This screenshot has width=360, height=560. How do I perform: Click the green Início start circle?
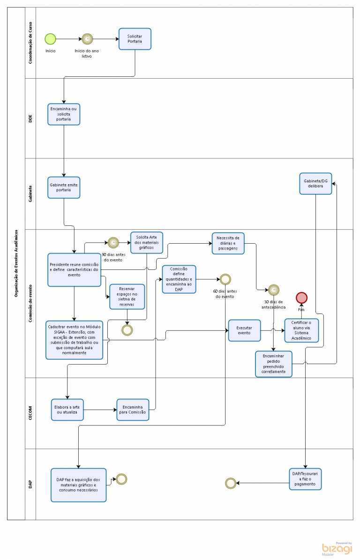[x=50, y=39]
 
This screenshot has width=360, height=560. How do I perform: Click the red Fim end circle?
[x=301, y=298]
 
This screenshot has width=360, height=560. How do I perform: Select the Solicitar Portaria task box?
[x=135, y=39]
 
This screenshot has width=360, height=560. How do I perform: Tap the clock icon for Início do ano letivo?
[x=88, y=39]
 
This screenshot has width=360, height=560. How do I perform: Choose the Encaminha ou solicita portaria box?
[x=64, y=114]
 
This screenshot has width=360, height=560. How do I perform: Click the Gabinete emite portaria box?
[x=64, y=187]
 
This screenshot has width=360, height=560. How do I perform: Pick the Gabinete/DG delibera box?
[x=316, y=184]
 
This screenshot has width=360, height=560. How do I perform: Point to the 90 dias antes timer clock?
[x=113, y=242]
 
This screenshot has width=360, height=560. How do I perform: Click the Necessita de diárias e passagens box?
[x=228, y=243]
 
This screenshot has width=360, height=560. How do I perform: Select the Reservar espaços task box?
[x=127, y=297]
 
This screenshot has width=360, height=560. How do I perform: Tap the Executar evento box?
[x=245, y=330]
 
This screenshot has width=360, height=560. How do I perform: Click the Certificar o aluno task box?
[x=301, y=330]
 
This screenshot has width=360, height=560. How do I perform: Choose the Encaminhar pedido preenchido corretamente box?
[x=274, y=364]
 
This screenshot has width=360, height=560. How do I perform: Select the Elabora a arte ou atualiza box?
[x=67, y=410]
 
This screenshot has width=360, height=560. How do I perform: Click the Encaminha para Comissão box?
[x=133, y=410]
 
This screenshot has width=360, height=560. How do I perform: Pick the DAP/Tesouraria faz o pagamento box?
[x=305, y=479]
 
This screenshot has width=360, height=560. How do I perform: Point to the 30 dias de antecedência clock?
[x=274, y=290]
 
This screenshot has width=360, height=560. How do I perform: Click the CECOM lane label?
[x=30, y=413]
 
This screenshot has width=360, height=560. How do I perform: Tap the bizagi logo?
[x=337, y=549]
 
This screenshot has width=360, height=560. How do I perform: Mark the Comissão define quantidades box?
[x=179, y=279]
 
